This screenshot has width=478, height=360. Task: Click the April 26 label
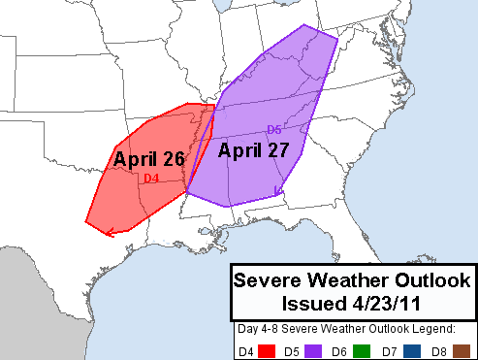coord(149,159)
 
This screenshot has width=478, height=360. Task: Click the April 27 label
coord(253,150)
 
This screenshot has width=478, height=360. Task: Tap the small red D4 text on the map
coord(151,179)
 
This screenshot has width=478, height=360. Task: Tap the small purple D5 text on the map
coord(274,130)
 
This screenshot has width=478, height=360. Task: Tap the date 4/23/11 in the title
coord(386,301)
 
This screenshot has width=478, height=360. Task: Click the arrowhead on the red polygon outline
coord(113,231)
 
